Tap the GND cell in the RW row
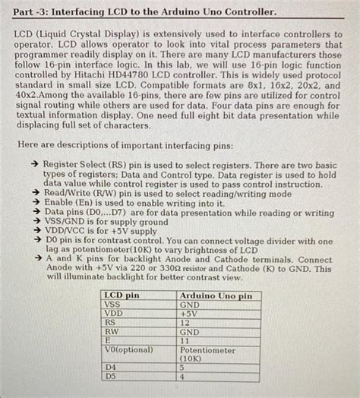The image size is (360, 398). (189, 332)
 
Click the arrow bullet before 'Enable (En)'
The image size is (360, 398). (35, 204)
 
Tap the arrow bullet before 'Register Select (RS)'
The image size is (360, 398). (35, 164)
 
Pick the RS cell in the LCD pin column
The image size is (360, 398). (110, 322)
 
